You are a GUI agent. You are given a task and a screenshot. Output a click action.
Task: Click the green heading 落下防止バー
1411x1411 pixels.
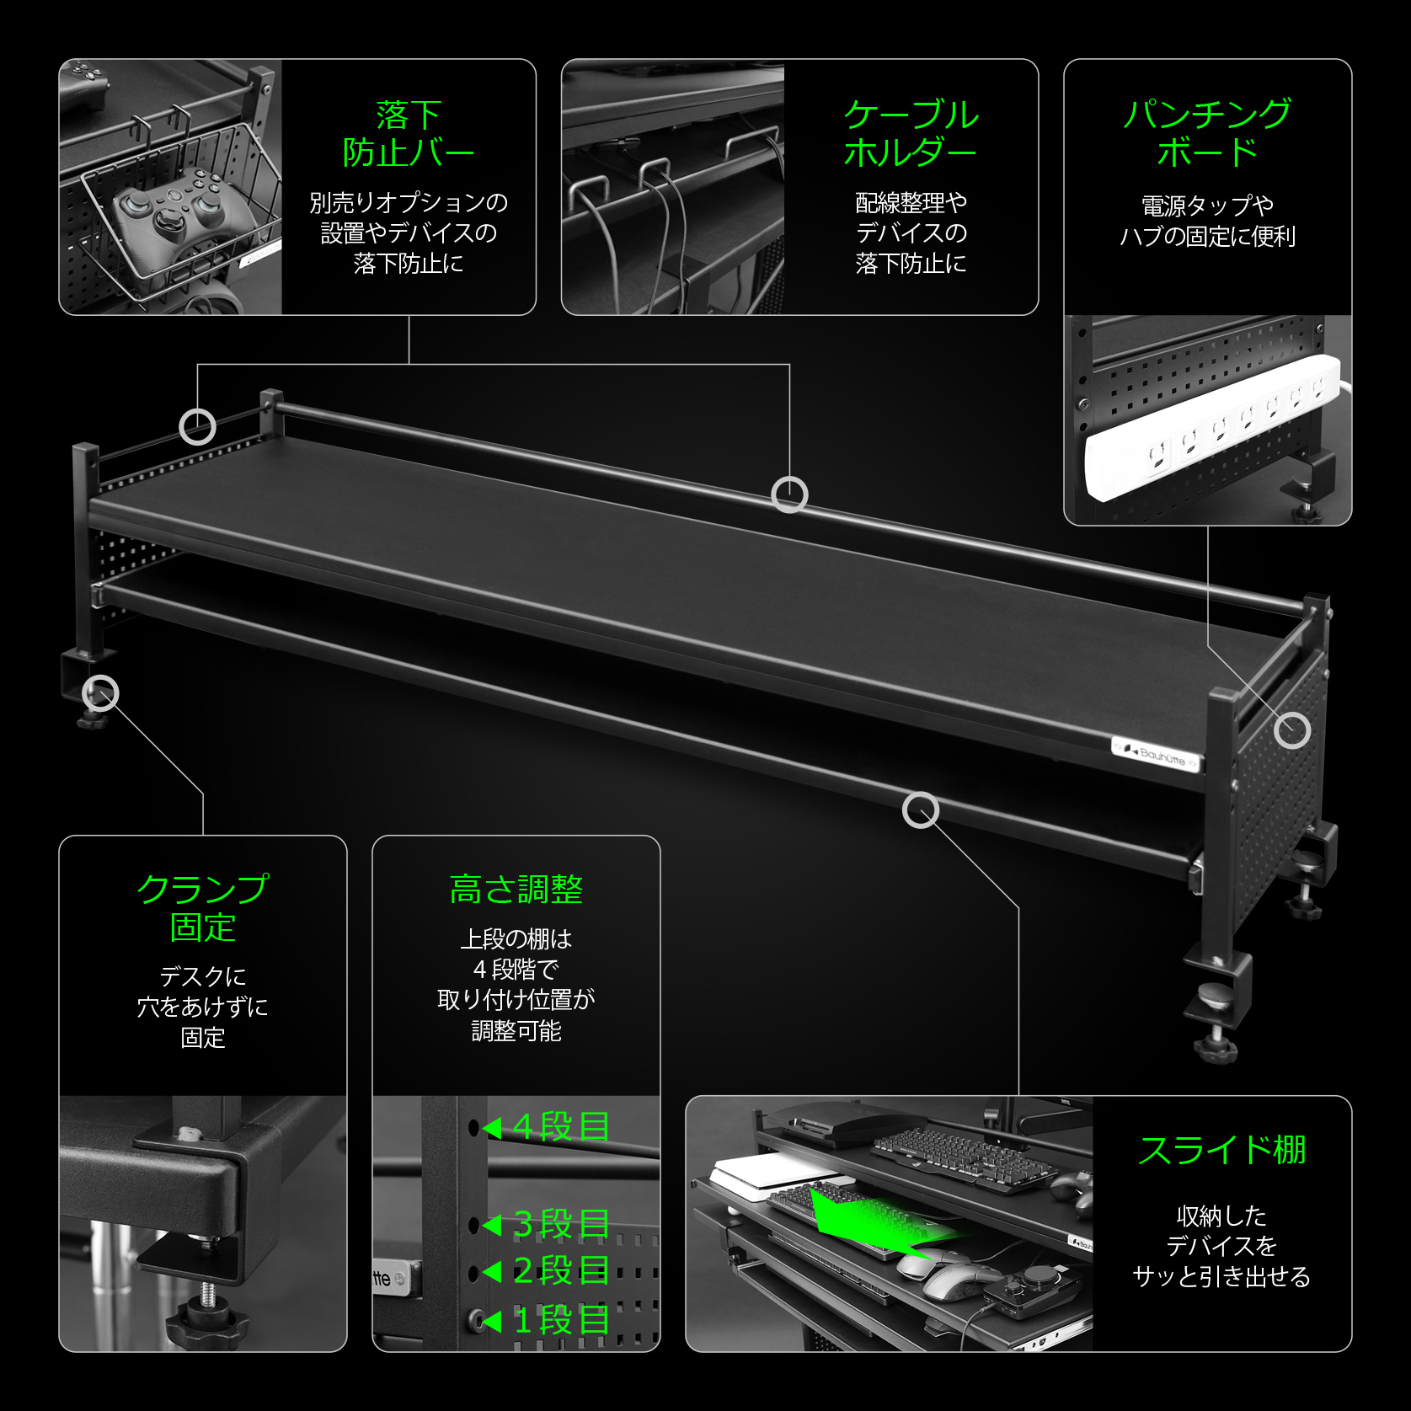click(x=409, y=134)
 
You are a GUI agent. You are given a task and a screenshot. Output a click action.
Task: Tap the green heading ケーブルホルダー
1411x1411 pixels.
click(x=911, y=134)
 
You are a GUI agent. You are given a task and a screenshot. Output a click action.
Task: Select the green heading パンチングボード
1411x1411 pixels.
click(x=1207, y=134)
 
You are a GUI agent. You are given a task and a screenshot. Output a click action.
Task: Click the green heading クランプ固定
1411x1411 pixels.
click(x=203, y=908)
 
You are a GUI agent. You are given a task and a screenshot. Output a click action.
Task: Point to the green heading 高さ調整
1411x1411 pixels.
click(x=516, y=890)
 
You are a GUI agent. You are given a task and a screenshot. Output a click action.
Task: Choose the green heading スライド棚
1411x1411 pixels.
click(x=1221, y=1151)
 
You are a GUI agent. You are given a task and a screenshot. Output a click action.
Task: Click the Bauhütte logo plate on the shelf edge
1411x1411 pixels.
click(x=1157, y=755)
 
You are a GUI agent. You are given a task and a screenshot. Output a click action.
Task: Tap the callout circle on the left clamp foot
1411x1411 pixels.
click(x=101, y=693)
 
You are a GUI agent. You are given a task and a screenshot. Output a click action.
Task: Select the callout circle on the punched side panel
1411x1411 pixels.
click(x=1291, y=730)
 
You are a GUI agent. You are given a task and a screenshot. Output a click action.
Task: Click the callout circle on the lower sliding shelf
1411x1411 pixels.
click(x=920, y=810)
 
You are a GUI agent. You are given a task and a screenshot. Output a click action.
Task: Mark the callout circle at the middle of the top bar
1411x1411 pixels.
click(x=789, y=494)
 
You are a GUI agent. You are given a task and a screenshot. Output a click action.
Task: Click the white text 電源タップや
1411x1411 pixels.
click(x=1207, y=206)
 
